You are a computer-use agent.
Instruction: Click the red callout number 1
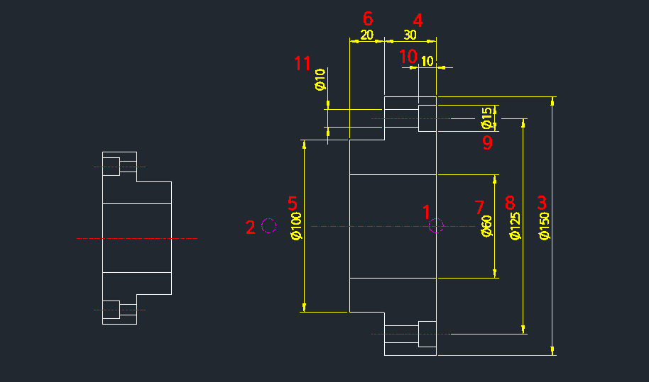coord(427,211)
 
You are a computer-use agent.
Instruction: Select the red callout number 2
coord(250,227)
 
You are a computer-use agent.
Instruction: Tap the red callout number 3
coord(542,202)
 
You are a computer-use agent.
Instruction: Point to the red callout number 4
coord(418,20)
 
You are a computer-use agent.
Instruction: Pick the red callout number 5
coord(293,202)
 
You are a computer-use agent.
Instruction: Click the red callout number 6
coord(368,18)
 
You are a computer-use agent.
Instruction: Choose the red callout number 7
coord(479,207)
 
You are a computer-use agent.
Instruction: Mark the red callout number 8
coord(510,203)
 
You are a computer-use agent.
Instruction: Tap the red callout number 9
coord(487,142)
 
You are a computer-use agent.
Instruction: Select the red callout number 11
coord(302,64)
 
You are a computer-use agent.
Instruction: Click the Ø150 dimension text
coord(545,225)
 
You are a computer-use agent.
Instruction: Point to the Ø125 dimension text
coord(516,225)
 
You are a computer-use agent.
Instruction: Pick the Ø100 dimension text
coord(298,225)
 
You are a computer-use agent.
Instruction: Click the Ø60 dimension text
coord(487,226)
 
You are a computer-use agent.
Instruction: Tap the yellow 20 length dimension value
coord(367,35)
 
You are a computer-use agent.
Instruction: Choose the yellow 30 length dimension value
coord(410,35)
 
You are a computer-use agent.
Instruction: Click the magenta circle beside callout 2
coord(268,225)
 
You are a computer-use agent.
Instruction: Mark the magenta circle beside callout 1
coord(436,225)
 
